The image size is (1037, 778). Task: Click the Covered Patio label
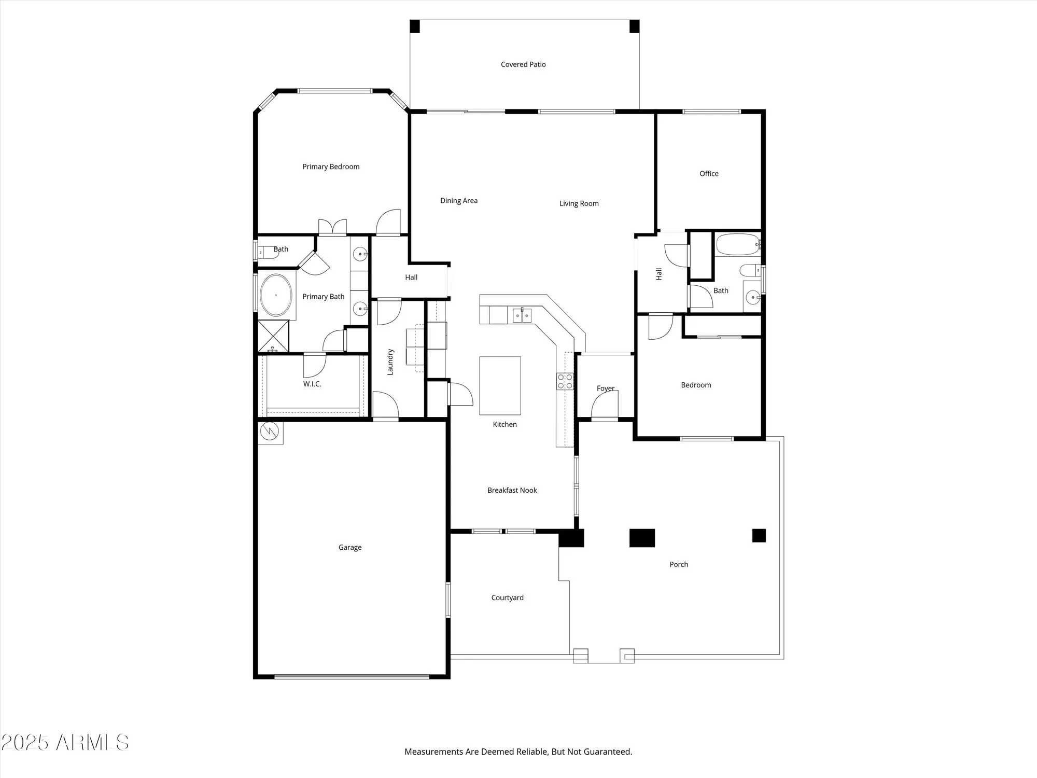coord(523,64)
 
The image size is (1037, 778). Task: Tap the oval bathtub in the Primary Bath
coord(276,295)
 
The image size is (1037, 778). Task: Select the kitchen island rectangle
coord(500,385)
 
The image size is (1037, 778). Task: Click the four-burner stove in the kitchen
coord(565,381)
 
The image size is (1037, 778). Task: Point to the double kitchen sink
coord(522,315)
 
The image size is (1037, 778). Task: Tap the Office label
coord(709,174)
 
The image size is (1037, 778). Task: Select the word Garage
coord(349,547)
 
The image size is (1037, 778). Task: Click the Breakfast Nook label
coord(512,490)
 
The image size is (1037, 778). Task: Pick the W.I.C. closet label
coord(312,384)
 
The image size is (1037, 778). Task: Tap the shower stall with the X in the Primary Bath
coord(273,336)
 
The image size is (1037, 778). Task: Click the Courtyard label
coord(507,598)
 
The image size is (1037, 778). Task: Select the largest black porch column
coord(642,538)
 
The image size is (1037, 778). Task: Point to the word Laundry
coord(390,362)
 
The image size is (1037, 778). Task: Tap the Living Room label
coord(579,203)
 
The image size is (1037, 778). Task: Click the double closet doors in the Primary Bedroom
coord(332,227)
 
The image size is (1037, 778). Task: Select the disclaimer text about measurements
coord(518,752)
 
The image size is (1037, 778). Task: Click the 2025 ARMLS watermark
coord(65,743)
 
